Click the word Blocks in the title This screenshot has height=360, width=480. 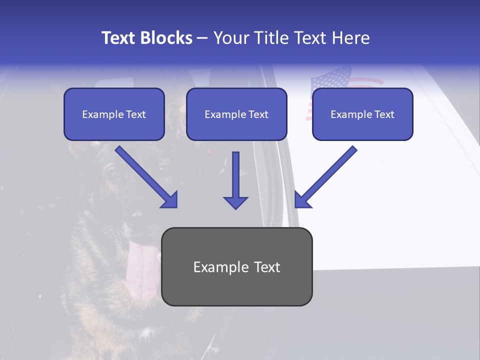click(x=165, y=38)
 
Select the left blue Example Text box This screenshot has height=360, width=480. click(x=114, y=114)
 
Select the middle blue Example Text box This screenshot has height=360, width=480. click(x=236, y=114)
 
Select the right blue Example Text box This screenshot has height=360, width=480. click(x=362, y=114)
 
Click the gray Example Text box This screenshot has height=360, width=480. click(x=237, y=267)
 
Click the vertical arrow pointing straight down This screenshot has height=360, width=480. click(x=235, y=180)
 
